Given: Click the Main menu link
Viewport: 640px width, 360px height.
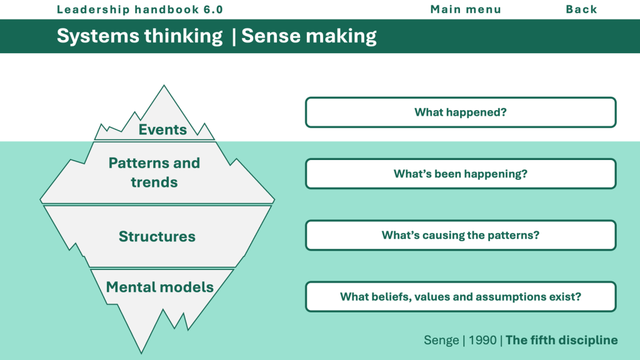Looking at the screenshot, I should coord(466,9).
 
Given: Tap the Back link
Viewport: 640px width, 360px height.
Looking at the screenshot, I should coord(581,9).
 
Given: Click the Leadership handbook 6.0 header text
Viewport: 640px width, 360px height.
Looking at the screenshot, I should coord(139,9).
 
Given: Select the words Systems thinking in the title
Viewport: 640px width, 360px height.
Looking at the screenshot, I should coord(139,36).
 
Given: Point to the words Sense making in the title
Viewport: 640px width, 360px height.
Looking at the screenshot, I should coord(309,36).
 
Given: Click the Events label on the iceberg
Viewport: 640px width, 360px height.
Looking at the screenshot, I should coord(162,129).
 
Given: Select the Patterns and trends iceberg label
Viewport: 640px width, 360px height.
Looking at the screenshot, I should coord(154,172).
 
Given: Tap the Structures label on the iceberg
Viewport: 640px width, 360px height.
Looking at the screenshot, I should coord(157,236).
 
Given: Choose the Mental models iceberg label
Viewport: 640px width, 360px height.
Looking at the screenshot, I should coord(159,287).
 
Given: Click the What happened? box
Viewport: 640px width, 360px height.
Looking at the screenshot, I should coord(461,112).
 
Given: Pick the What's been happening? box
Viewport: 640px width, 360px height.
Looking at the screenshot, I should coord(461,174).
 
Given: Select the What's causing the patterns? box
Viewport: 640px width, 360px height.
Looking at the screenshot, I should coord(461,235).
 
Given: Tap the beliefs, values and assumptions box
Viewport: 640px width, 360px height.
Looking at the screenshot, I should coord(461,296).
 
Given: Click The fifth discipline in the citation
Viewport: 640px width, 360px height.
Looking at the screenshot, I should coord(561,340).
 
